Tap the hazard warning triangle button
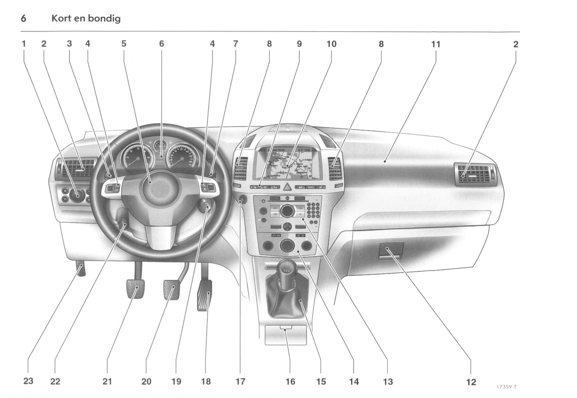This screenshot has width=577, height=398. (287, 186)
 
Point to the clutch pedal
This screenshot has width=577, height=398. (135, 288)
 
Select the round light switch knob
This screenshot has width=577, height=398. (76, 194)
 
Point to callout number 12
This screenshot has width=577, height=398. (471, 382)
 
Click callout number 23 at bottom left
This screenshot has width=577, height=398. (28, 381)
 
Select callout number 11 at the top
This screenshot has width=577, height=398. (435, 44)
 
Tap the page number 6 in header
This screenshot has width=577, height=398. (24, 18)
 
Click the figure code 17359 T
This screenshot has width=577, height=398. (506, 387)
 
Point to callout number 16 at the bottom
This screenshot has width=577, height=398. (290, 382)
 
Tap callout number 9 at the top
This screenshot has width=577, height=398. (299, 44)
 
